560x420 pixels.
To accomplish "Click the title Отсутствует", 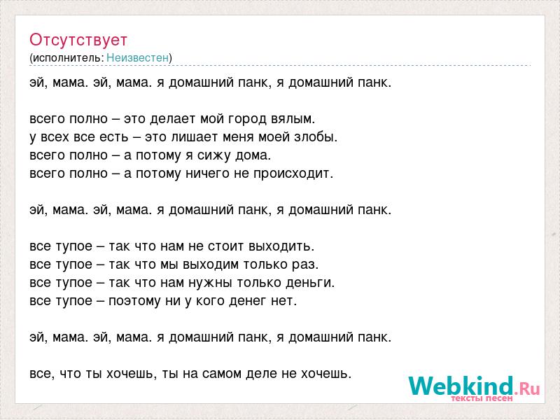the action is click(x=78, y=40).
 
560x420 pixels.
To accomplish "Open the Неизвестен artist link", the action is click(x=137, y=57).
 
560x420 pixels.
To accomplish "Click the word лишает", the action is click(x=195, y=137).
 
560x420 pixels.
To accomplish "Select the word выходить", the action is click(x=281, y=246).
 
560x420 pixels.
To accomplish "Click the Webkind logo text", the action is click(x=474, y=386).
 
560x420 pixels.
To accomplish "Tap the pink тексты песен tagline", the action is click(x=482, y=398).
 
